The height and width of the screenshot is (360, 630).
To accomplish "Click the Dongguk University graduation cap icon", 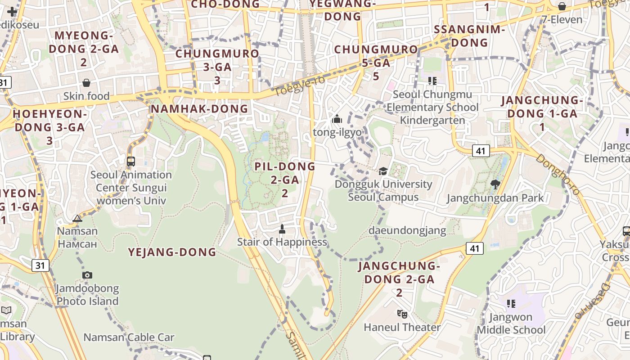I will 383,171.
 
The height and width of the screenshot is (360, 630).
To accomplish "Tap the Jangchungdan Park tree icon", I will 495,184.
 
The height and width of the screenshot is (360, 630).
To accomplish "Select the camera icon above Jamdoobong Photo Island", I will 87,275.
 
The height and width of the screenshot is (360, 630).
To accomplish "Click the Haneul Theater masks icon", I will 402,314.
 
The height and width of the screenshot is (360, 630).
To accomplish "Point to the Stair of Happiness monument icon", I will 282,229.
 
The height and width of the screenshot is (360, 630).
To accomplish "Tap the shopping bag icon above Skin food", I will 86,83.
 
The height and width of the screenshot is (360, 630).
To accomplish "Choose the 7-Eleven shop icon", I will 562,6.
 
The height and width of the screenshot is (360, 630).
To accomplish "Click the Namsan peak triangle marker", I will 77,219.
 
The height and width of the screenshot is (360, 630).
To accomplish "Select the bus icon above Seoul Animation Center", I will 131,161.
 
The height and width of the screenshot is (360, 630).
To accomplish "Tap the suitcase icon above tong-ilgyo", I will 337,119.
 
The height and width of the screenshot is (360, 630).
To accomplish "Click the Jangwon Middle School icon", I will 511,304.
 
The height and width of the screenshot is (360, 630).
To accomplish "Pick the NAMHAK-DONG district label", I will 199,109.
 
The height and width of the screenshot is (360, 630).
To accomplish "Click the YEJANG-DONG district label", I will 172,252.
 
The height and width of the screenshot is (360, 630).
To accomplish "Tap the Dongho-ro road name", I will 558,175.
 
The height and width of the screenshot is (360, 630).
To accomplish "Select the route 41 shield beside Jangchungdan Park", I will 481,151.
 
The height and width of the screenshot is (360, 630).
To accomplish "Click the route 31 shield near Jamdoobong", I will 40,265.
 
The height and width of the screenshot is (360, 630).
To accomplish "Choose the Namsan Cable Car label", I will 129,337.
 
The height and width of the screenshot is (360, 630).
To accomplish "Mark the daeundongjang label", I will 407,230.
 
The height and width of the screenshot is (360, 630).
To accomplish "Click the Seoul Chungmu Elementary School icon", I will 432,81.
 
